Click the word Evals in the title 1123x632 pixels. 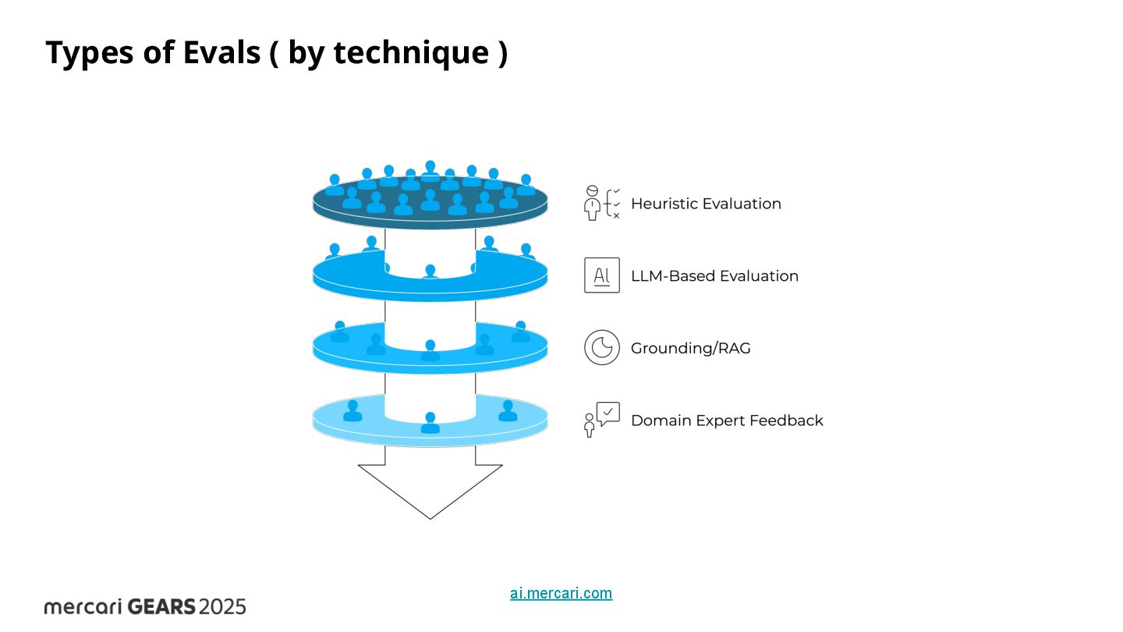(x=221, y=53)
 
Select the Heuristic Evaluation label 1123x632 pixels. (x=706, y=204)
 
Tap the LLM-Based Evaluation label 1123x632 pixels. (x=714, y=276)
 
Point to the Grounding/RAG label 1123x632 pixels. (x=690, y=348)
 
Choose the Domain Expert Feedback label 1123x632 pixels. (x=727, y=421)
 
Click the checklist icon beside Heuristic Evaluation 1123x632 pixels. (x=602, y=203)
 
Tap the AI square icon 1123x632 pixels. (x=602, y=275)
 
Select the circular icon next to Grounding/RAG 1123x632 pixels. (x=602, y=348)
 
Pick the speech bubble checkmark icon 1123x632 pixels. (x=607, y=414)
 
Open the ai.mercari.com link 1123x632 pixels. (x=561, y=593)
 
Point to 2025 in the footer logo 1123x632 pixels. (x=222, y=606)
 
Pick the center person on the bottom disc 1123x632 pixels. (x=430, y=424)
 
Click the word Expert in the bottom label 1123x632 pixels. (x=717, y=421)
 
